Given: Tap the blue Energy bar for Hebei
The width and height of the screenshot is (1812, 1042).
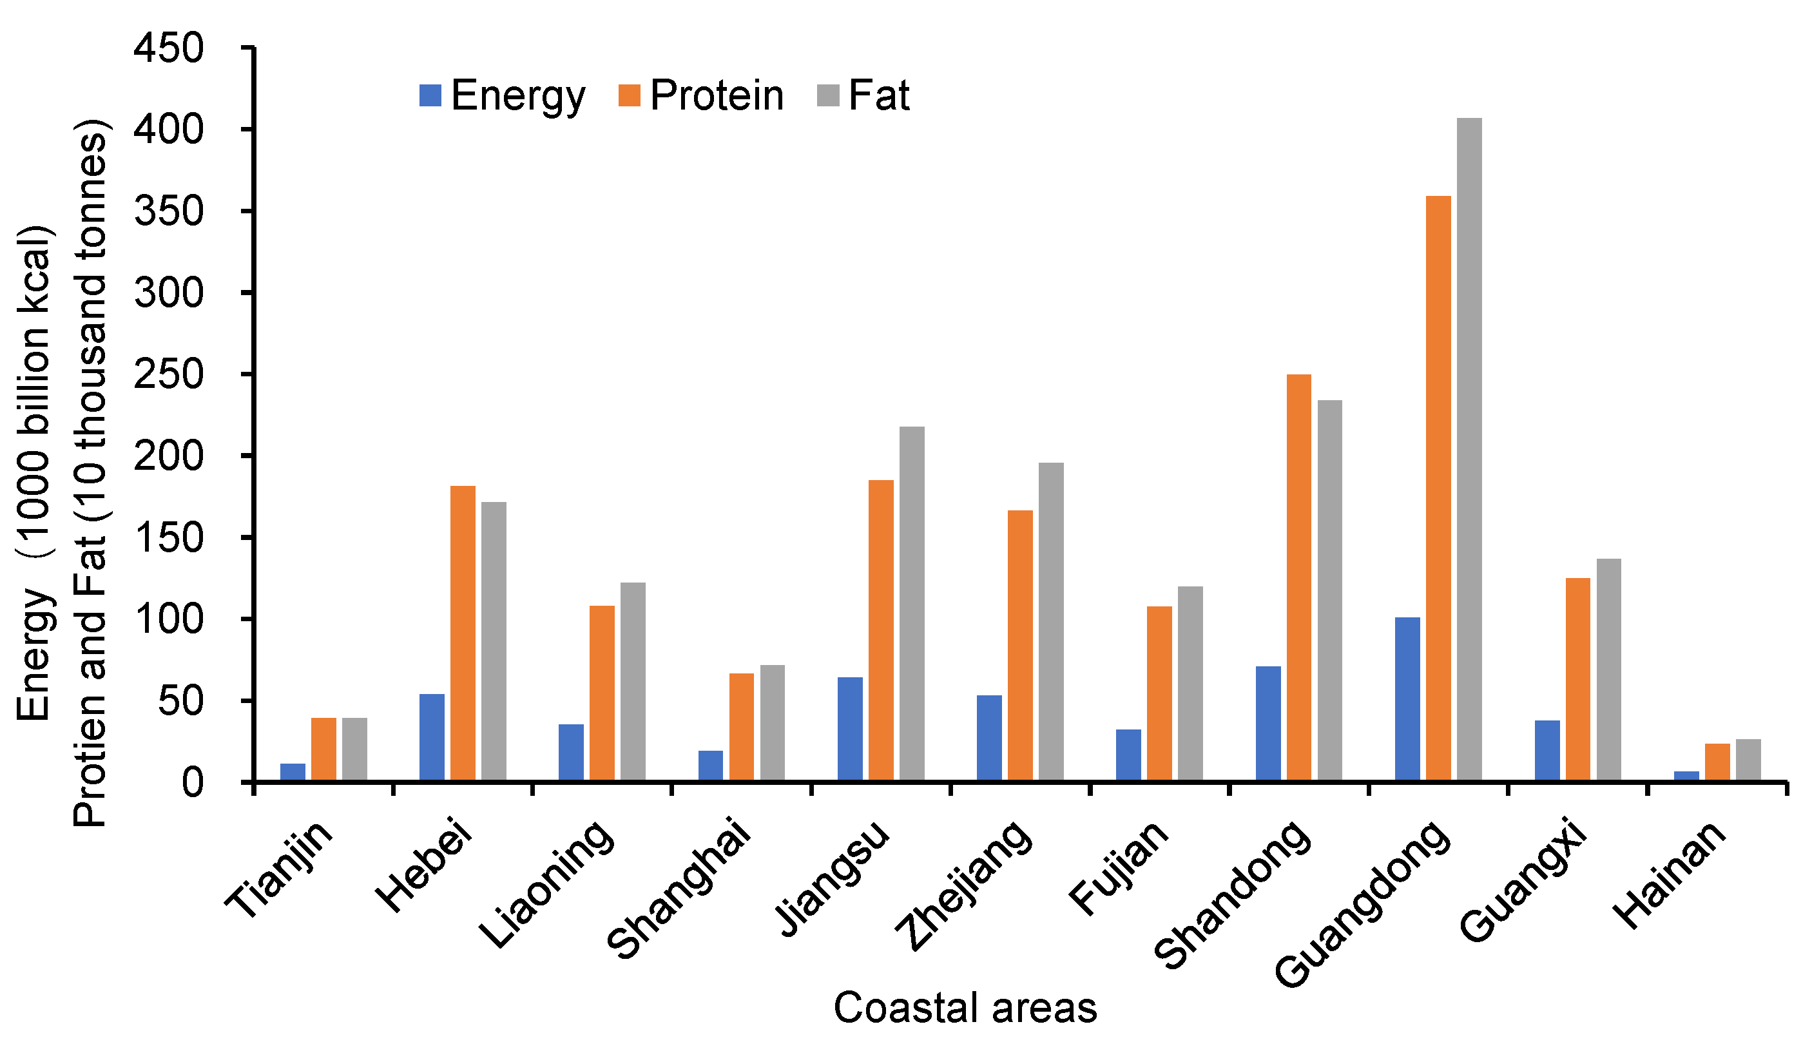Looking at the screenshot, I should (432, 737).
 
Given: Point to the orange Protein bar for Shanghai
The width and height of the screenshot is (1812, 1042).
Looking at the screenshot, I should (742, 726).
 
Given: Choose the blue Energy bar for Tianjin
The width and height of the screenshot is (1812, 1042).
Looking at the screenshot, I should (293, 771).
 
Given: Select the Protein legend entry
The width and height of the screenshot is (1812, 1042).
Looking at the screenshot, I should (701, 96).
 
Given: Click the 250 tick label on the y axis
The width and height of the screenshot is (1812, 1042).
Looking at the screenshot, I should (169, 374).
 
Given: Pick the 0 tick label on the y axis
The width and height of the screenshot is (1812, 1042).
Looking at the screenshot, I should (192, 782).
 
